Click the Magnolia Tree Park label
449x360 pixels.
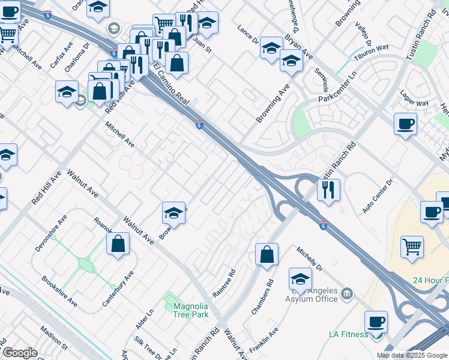190,310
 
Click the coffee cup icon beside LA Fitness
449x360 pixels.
376,323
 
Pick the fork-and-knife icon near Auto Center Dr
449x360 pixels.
328,190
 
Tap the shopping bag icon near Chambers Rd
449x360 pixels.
267,254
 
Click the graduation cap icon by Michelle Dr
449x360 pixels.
300,279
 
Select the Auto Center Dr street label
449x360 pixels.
377,197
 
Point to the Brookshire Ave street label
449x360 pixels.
59,291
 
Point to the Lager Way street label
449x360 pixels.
414,103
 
